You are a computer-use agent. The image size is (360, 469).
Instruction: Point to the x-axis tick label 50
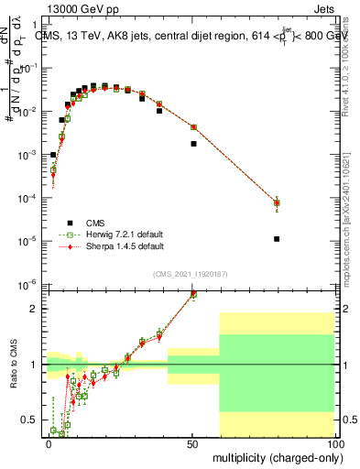pos(192,442)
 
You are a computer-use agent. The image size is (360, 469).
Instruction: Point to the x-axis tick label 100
pos(334,442)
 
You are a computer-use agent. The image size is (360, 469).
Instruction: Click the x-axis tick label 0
pos(49,442)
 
